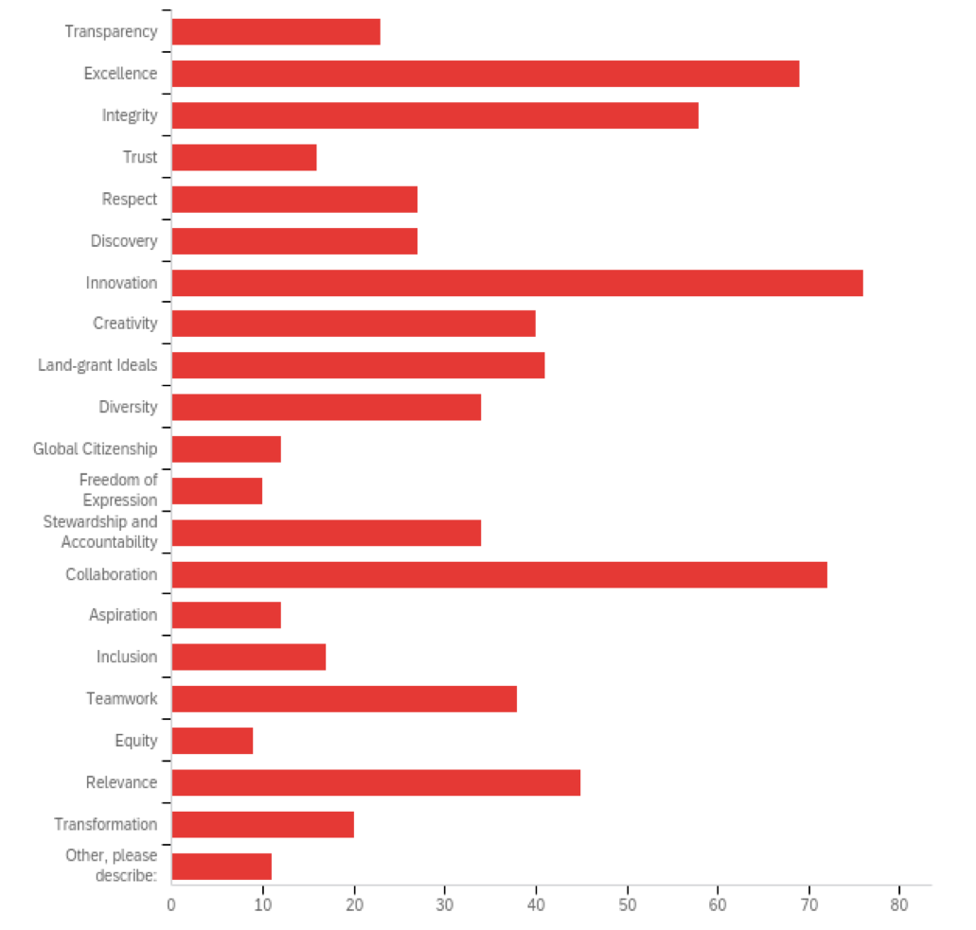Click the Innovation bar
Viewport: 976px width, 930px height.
[517, 283]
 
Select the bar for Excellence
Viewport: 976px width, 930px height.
[486, 74]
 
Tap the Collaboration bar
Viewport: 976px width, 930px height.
[499, 574]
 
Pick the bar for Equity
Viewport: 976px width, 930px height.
[212, 741]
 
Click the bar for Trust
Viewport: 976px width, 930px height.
[244, 157]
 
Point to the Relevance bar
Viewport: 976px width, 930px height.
[376, 782]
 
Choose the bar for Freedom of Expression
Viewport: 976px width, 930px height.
[217, 491]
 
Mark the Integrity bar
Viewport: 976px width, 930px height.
[435, 115]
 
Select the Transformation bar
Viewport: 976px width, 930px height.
[262, 824]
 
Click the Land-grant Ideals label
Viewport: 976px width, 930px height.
[98, 365]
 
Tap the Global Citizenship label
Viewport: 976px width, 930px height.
[95, 448]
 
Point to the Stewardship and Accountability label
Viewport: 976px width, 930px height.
[100, 532]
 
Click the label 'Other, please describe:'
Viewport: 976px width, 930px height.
[111, 866]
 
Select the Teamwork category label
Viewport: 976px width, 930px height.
[121, 699]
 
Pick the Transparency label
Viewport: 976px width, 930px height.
[111, 32]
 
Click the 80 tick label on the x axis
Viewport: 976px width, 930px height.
[899, 904]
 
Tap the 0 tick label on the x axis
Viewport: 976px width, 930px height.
[171, 904]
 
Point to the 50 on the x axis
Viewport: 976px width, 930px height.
[627, 904]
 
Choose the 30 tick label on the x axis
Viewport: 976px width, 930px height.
[445, 904]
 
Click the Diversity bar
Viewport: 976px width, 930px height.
[326, 408]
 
